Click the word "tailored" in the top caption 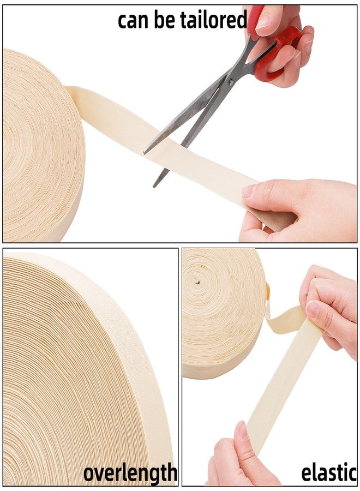[213, 20]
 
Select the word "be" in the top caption [164, 20]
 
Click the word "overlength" [130, 473]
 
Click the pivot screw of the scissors [231, 82]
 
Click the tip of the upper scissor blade [145, 153]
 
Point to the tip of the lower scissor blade [154, 187]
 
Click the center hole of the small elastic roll [197, 282]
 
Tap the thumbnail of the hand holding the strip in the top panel [249, 190]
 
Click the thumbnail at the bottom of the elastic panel [243, 430]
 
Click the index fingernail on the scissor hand [263, 21]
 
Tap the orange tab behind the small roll [268, 291]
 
